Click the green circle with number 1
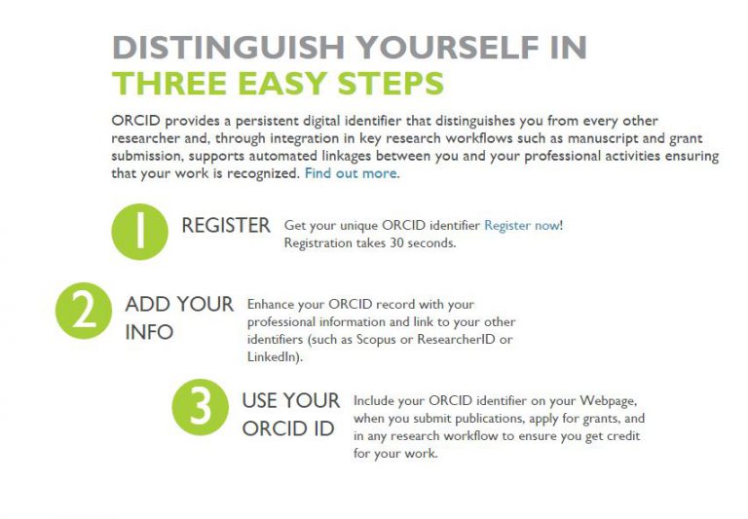pos(140,232)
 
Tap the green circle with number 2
pos(84,311)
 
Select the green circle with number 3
pos(200,407)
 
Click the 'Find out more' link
pos(351,173)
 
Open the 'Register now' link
pos(522,226)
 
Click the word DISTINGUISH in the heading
pos(228,47)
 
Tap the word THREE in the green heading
pos(169,83)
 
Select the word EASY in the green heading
pos(281,83)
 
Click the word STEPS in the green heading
pos(391,83)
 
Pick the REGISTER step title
pos(226,226)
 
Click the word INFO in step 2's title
pos(149,332)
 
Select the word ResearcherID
pos(456,339)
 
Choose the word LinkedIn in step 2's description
pos(273,356)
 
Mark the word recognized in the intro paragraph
pos(262,173)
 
